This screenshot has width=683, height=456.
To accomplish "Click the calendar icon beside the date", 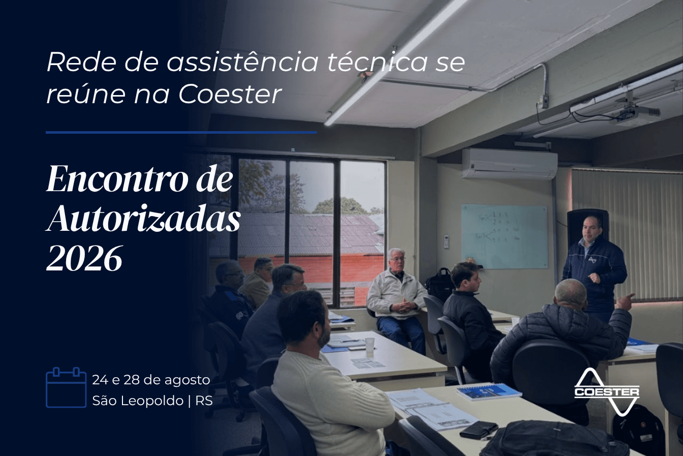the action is [66, 388].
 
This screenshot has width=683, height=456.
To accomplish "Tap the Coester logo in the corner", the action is [607, 391].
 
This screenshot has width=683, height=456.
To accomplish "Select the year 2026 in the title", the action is [84, 258].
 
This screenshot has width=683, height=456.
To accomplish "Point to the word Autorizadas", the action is [144, 219].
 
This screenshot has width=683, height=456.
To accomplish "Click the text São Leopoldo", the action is [138, 401].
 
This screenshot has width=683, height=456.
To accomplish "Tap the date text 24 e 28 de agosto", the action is [151, 380].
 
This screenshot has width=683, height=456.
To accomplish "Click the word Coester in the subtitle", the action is [230, 94].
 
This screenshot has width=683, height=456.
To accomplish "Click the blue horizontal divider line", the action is [181, 132].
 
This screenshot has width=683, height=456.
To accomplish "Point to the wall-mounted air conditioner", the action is [510, 164].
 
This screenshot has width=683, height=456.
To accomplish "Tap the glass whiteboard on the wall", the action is [505, 236].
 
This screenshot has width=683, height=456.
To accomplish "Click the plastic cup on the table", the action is [369, 347].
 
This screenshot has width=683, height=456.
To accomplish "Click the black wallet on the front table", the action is [479, 430].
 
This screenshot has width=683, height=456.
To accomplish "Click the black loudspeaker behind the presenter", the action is [587, 226].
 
